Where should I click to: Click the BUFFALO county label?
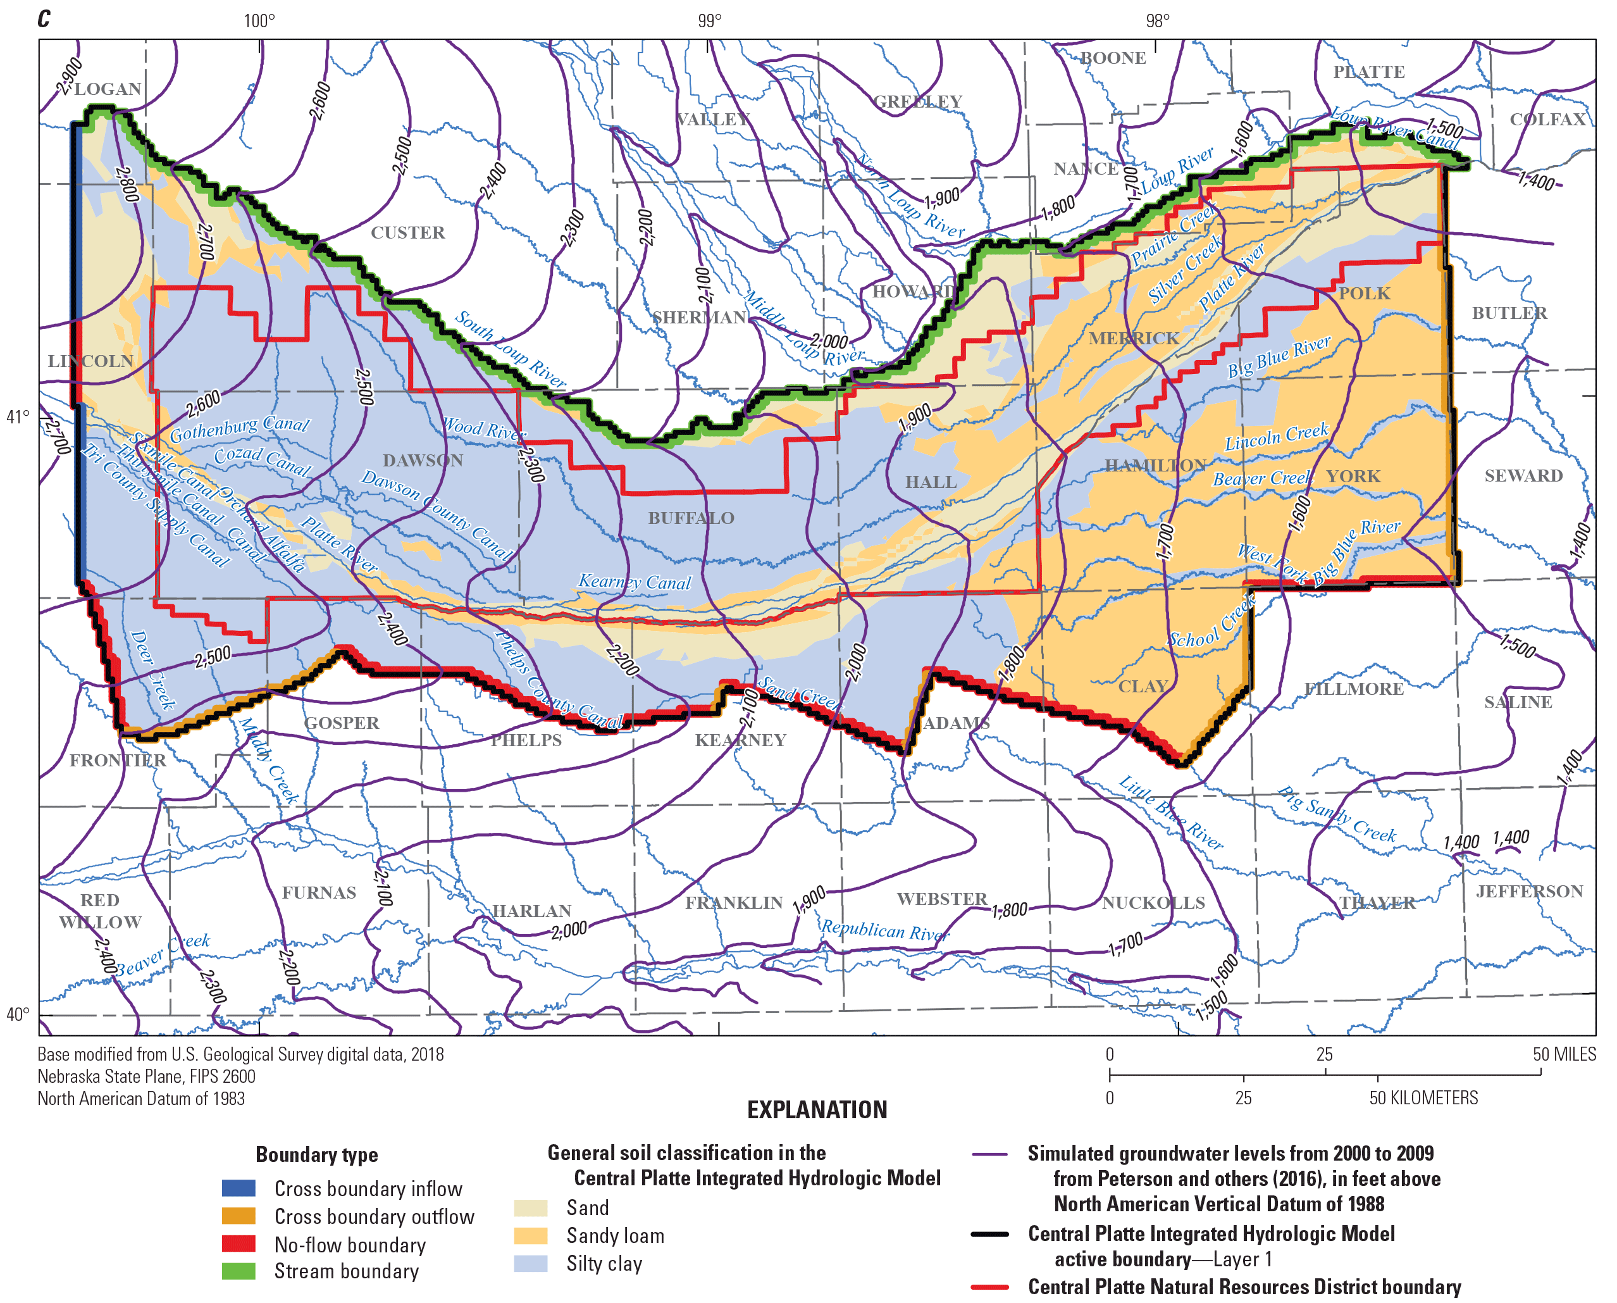tap(690, 518)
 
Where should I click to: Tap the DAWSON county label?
tap(423, 460)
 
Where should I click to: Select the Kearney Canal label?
tap(634, 582)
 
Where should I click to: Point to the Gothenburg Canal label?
tap(239, 428)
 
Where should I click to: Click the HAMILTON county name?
tap(1155, 465)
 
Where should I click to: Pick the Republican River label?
tap(884, 930)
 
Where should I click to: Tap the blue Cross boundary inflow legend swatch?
tap(239, 1189)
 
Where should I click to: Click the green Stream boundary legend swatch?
tap(239, 1271)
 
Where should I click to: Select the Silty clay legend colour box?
tap(531, 1264)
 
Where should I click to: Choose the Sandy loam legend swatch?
tap(531, 1236)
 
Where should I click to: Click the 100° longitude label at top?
tap(259, 20)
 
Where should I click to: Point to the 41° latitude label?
tap(17, 416)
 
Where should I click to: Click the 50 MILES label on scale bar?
tap(1564, 1054)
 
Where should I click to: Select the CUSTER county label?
tap(407, 233)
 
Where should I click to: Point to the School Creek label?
tap(1211, 622)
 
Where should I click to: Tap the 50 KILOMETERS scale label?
tap(1423, 1098)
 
